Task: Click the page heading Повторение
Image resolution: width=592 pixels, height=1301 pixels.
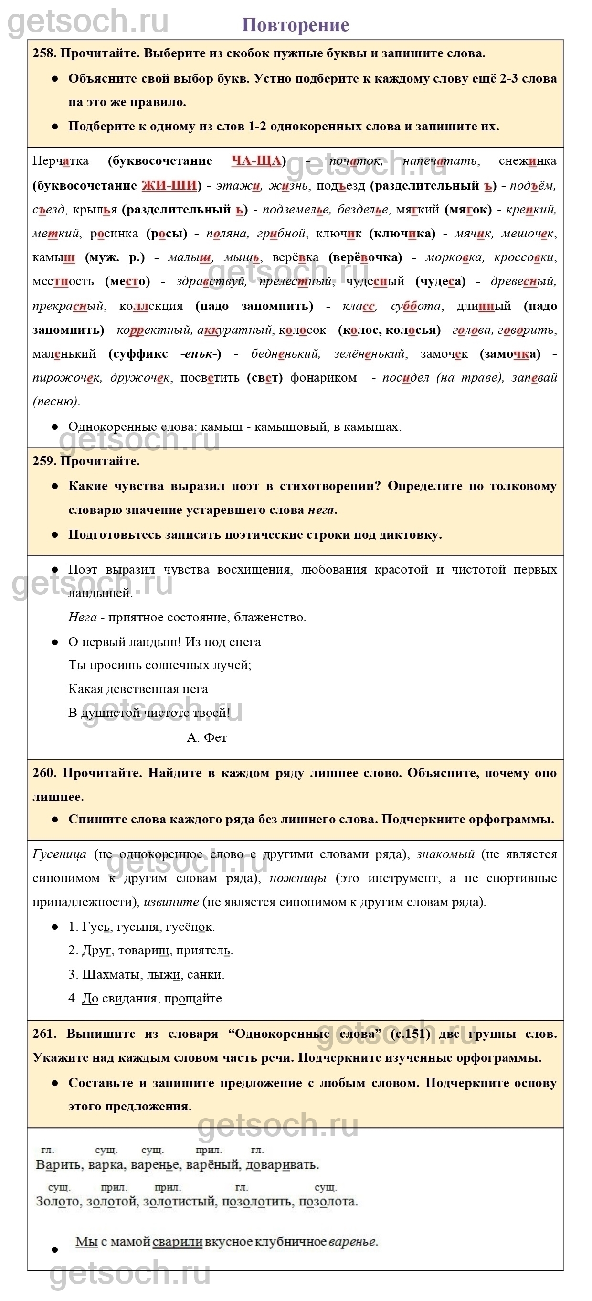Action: [295, 25]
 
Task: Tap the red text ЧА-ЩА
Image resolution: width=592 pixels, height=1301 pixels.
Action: [256, 161]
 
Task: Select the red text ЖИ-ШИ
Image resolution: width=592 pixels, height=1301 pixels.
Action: [169, 185]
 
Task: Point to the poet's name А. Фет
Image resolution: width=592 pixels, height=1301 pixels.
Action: [207, 737]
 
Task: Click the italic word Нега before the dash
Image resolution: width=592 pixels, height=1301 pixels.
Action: [82, 617]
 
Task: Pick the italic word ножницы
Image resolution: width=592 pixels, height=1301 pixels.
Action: [298, 878]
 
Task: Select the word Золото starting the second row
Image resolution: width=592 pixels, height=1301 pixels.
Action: [58, 1201]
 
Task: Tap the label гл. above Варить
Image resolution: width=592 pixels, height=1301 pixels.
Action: [47, 1150]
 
